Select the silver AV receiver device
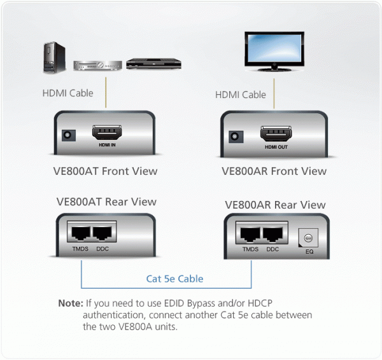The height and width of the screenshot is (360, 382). coord(97,66)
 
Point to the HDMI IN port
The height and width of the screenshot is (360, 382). coord(106,133)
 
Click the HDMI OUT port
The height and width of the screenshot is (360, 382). coord(275,134)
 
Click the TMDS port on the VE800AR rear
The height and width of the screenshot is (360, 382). coord(250,234)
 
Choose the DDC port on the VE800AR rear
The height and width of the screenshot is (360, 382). coord(273,234)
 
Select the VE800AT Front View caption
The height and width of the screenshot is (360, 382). coord(106,170)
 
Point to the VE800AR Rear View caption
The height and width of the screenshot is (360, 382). coord(275,205)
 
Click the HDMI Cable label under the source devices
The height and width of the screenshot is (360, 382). coord(67,93)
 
